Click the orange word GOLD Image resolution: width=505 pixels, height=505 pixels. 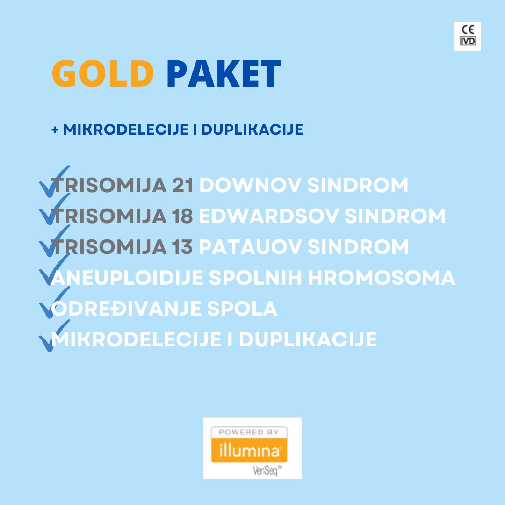(x=103, y=73)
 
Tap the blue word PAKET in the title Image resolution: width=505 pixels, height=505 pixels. (x=224, y=73)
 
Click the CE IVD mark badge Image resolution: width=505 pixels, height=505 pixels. (x=468, y=36)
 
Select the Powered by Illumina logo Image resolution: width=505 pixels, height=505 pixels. (x=252, y=447)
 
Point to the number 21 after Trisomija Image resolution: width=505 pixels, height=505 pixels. (x=183, y=185)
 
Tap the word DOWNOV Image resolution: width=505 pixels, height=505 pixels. (x=250, y=185)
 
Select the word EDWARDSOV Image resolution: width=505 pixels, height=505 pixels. (x=268, y=216)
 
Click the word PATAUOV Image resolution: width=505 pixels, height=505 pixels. (x=250, y=247)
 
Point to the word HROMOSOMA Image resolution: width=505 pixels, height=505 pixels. (x=382, y=278)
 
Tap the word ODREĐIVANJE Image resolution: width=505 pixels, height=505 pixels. (x=126, y=308)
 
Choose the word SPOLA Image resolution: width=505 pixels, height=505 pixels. (x=242, y=308)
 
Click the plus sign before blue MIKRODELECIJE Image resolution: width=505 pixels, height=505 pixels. (x=55, y=130)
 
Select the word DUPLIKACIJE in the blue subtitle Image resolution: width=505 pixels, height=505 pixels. (x=252, y=130)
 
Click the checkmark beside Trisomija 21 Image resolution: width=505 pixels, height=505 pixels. (x=54, y=181)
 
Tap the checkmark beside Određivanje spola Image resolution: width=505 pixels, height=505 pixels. (x=54, y=303)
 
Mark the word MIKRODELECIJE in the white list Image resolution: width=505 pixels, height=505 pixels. (x=136, y=339)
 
